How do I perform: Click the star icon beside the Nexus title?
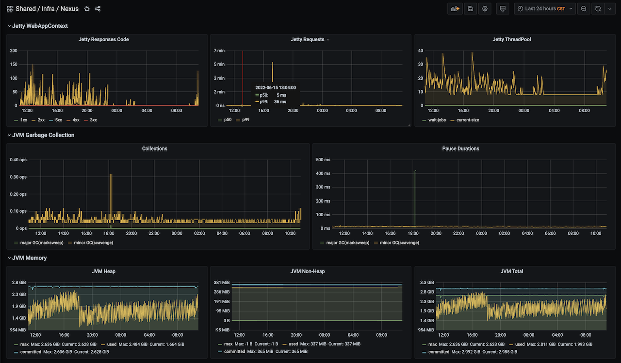(87, 9)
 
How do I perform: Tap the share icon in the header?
(98, 9)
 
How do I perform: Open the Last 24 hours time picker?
(545, 9)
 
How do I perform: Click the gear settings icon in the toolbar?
(485, 9)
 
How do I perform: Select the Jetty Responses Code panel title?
(104, 39)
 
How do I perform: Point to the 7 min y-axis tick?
(219, 51)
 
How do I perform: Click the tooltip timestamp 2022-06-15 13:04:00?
(276, 87)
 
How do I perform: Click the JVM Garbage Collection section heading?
(43, 135)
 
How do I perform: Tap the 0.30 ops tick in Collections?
(18, 177)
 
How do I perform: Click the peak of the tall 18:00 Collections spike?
(111, 174)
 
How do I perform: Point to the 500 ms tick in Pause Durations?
(323, 160)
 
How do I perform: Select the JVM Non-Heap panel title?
(308, 271)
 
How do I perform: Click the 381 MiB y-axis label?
(222, 282)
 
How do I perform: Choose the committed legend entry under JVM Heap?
(28, 352)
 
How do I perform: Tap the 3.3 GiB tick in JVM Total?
(427, 282)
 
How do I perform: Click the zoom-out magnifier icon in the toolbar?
(584, 9)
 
